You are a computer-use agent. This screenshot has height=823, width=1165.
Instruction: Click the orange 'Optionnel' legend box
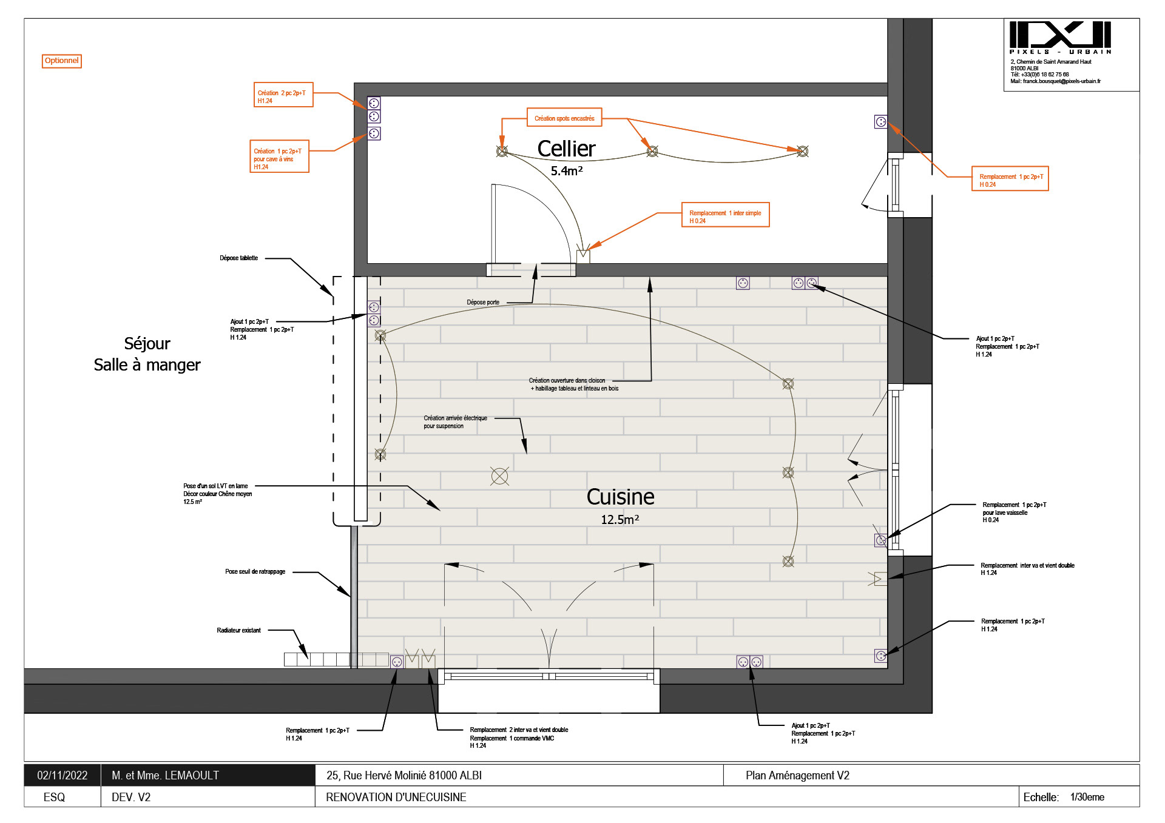pyautogui.click(x=61, y=61)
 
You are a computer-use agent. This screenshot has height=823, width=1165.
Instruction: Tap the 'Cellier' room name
pyautogui.click(x=566, y=149)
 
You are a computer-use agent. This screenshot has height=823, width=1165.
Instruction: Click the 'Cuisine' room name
pyautogui.click(x=620, y=497)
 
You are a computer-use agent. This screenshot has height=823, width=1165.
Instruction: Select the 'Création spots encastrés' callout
pyautogui.click(x=564, y=118)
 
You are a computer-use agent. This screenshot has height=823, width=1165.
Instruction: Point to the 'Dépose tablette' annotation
pyautogui.click(x=238, y=258)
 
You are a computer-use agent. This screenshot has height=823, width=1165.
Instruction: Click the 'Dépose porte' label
pyautogui.click(x=483, y=302)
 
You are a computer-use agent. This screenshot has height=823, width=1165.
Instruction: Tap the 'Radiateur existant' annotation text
pyautogui.click(x=238, y=631)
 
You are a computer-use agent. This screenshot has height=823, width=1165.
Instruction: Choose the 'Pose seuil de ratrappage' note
pyautogui.click(x=255, y=572)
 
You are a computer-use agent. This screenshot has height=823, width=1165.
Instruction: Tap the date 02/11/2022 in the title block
pyautogui.click(x=62, y=776)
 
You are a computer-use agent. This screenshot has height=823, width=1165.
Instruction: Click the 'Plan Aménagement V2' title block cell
pyautogui.click(x=797, y=776)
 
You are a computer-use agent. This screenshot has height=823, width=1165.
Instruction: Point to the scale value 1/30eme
pyautogui.click(x=1087, y=798)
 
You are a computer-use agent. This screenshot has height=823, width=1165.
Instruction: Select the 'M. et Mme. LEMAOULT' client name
pyautogui.click(x=165, y=776)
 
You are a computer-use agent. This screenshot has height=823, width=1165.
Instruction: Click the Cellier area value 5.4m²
pyautogui.click(x=566, y=172)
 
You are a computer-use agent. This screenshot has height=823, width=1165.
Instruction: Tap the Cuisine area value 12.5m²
pyautogui.click(x=620, y=520)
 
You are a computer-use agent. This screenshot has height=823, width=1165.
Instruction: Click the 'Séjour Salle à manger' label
pyautogui.click(x=147, y=354)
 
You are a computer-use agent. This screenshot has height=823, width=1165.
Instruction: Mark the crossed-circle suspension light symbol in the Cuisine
pyautogui.click(x=499, y=477)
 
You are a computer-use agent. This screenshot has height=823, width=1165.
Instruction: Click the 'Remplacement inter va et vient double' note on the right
pyautogui.click(x=1027, y=569)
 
